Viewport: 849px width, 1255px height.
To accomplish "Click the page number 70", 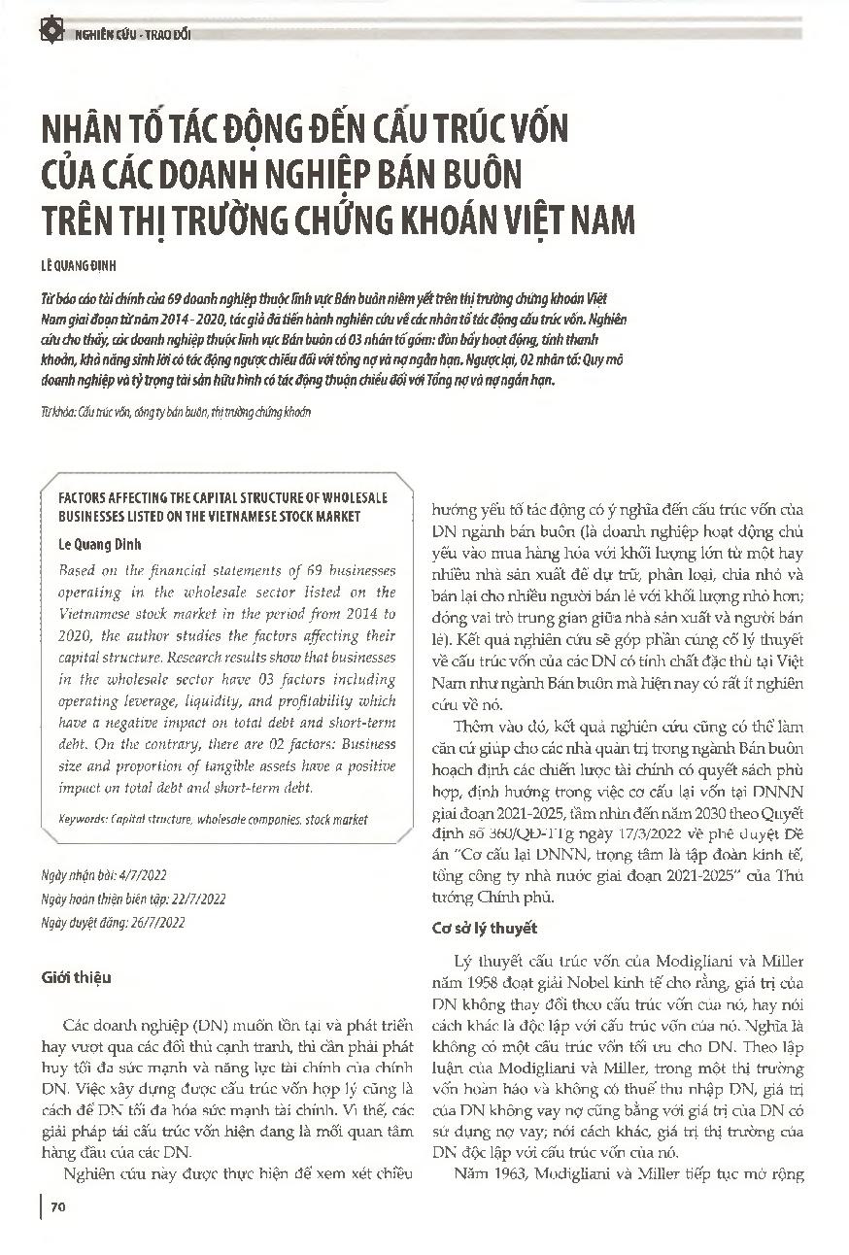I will (x=57, y=1207).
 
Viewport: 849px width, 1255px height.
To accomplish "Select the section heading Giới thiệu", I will (x=78, y=977).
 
